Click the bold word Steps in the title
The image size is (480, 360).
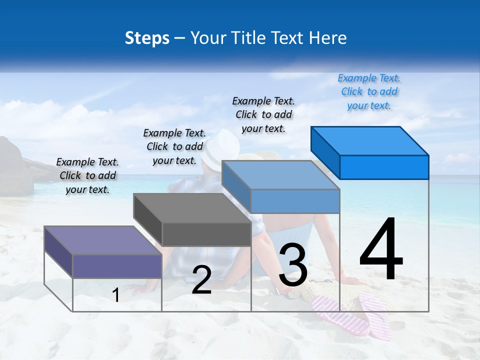coord(147,38)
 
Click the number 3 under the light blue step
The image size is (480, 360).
coord(293,265)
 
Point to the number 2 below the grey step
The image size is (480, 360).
coord(201,280)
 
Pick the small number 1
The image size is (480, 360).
coord(116,295)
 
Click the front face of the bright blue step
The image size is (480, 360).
coord(384,167)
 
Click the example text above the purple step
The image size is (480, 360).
coord(87,175)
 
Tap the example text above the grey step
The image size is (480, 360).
coord(174,146)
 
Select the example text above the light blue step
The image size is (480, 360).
coord(263,114)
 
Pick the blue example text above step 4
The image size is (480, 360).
coord(369,91)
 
